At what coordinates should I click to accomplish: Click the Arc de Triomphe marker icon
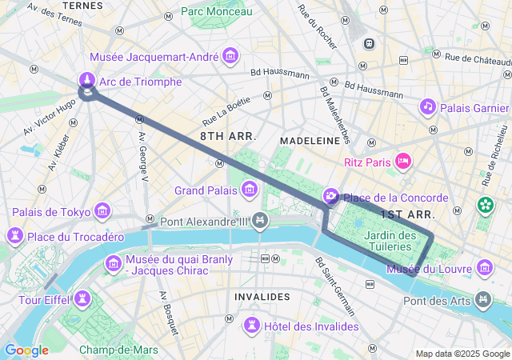[86, 80]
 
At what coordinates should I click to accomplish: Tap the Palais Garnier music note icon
[428, 106]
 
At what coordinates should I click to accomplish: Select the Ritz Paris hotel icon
[404, 162]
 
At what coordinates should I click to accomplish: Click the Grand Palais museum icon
[250, 190]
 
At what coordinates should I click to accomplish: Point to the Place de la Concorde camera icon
[330, 197]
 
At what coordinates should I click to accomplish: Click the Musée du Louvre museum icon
[484, 267]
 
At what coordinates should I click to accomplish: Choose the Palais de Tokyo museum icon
[102, 211]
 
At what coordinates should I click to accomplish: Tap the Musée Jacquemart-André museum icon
[231, 56]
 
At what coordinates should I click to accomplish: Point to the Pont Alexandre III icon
[259, 221]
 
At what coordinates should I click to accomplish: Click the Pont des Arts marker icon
[484, 300]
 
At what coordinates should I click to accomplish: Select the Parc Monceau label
[216, 11]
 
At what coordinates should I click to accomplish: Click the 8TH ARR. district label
[228, 136]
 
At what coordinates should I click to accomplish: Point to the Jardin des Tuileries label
[390, 241]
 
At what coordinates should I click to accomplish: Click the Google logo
[26, 350]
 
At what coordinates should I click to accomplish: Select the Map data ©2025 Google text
[462, 354]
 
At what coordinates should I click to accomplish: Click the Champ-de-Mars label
[118, 350]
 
